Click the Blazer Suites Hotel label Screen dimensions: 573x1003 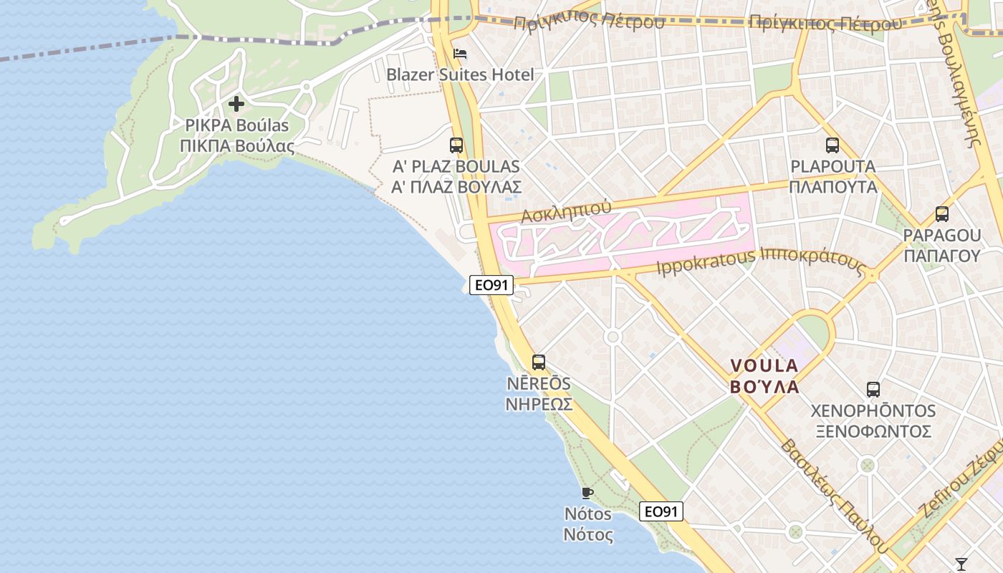click(460, 74)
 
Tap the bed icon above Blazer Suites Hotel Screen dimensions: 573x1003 click(460, 54)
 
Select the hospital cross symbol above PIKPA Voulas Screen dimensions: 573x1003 click(236, 105)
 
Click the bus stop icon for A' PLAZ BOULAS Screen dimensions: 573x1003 click(456, 145)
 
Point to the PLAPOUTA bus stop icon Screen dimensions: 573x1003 click(832, 145)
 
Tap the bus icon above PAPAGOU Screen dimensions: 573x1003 click(942, 213)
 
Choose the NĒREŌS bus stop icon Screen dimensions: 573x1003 click(539, 362)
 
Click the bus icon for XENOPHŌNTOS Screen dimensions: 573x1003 click(873, 390)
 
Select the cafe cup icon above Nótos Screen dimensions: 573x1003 click(587, 493)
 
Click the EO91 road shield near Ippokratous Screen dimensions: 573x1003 click(491, 285)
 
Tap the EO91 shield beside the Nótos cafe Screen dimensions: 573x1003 click(661, 511)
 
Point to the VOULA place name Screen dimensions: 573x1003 click(764, 365)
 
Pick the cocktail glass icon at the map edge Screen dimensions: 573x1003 click(961, 564)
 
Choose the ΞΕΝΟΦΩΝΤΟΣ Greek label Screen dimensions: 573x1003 click(873, 431)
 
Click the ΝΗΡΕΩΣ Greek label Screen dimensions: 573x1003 click(539, 404)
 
